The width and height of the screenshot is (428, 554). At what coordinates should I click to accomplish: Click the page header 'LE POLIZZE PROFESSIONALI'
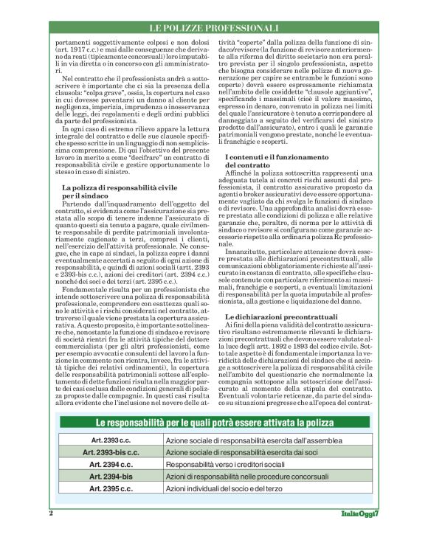coord(213,28)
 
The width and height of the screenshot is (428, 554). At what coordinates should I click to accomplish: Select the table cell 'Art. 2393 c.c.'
coord(111,440)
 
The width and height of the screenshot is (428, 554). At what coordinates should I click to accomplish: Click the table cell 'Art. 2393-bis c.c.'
coord(111,453)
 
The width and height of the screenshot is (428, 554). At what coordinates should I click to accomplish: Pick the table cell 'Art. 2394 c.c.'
coord(111,465)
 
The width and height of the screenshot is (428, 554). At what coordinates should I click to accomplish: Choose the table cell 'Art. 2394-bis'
coord(111,477)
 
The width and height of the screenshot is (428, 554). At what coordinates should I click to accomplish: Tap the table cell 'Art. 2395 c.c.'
coord(111,488)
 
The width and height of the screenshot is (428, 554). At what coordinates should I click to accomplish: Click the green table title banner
coord(214,423)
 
